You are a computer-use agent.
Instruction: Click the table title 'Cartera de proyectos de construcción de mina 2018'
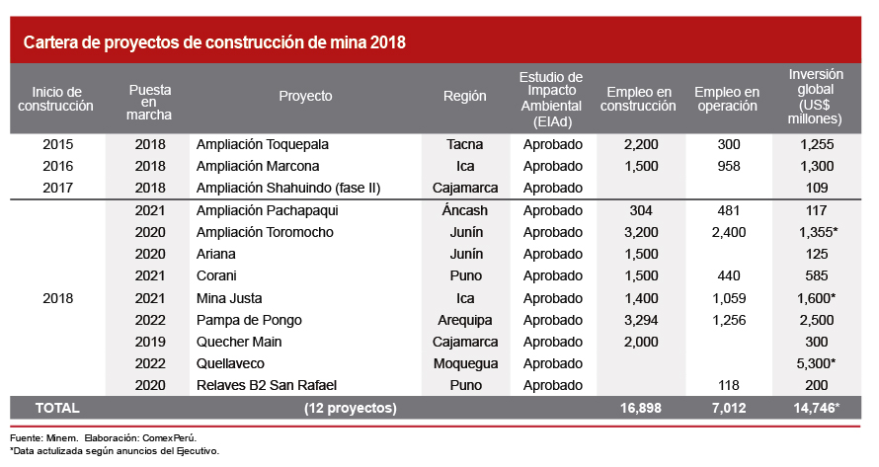[214, 43]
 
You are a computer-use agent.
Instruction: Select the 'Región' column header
[465, 97]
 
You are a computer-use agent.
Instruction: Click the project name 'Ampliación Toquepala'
[263, 144]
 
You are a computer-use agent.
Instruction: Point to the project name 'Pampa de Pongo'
[248, 320]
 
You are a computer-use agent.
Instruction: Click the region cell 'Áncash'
[465, 210]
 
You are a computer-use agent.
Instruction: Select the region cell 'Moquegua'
[465, 363]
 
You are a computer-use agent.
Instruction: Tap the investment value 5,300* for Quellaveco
[816, 363]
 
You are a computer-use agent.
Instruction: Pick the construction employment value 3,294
[641, 320]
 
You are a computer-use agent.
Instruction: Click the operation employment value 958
[729, 166]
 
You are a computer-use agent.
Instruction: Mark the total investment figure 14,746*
[816, 407]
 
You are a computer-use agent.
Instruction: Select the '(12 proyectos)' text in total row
[351, 407]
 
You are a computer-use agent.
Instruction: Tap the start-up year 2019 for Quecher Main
[150, 342]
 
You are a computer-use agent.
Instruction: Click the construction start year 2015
[58, 144]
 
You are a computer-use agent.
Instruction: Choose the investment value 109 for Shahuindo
[815, 188]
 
